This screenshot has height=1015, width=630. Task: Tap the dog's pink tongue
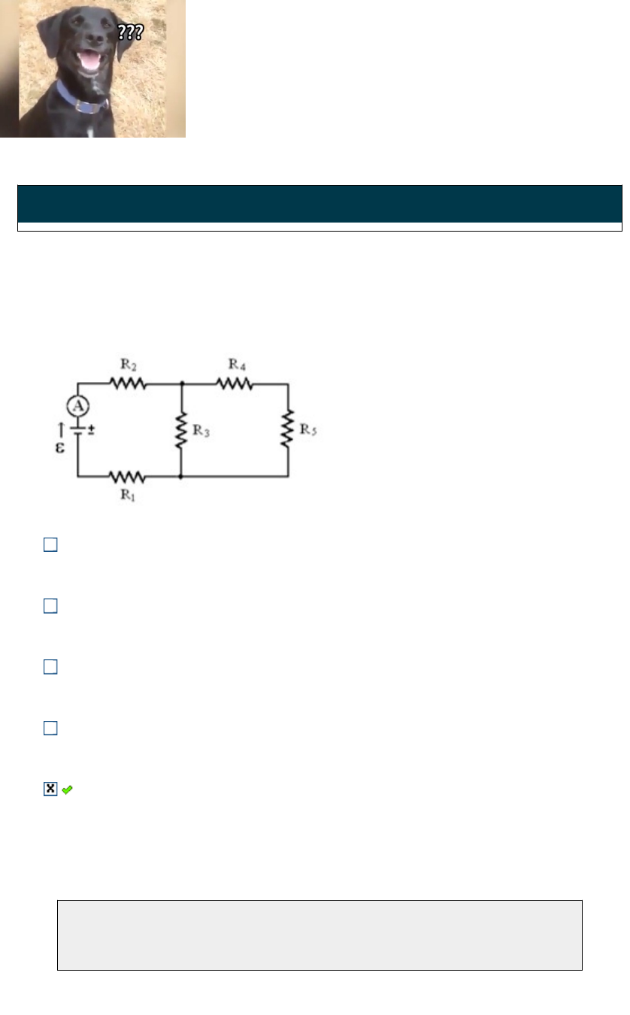coord(90,63)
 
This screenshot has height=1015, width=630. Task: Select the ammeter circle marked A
coord(78,407)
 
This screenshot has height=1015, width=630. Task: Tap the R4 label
coord(237,365)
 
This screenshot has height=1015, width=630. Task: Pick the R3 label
coord(201,431)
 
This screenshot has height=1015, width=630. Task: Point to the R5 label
coord(308,430)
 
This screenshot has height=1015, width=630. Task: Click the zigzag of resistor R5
coord(288,430)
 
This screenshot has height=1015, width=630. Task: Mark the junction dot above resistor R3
coord(181,383)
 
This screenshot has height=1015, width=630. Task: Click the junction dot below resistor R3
coord(181,477)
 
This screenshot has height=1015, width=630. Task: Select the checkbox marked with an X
coord(50,789)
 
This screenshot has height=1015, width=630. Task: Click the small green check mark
coord(67,789)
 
